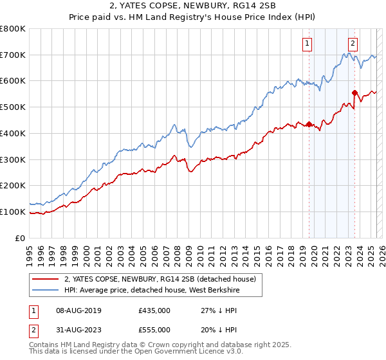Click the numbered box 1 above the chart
(307, 44)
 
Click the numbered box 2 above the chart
(353, 44)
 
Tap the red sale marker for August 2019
(309, 124)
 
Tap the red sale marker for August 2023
(354, 93)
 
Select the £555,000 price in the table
(154, 329)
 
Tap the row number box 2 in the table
(33, 329)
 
